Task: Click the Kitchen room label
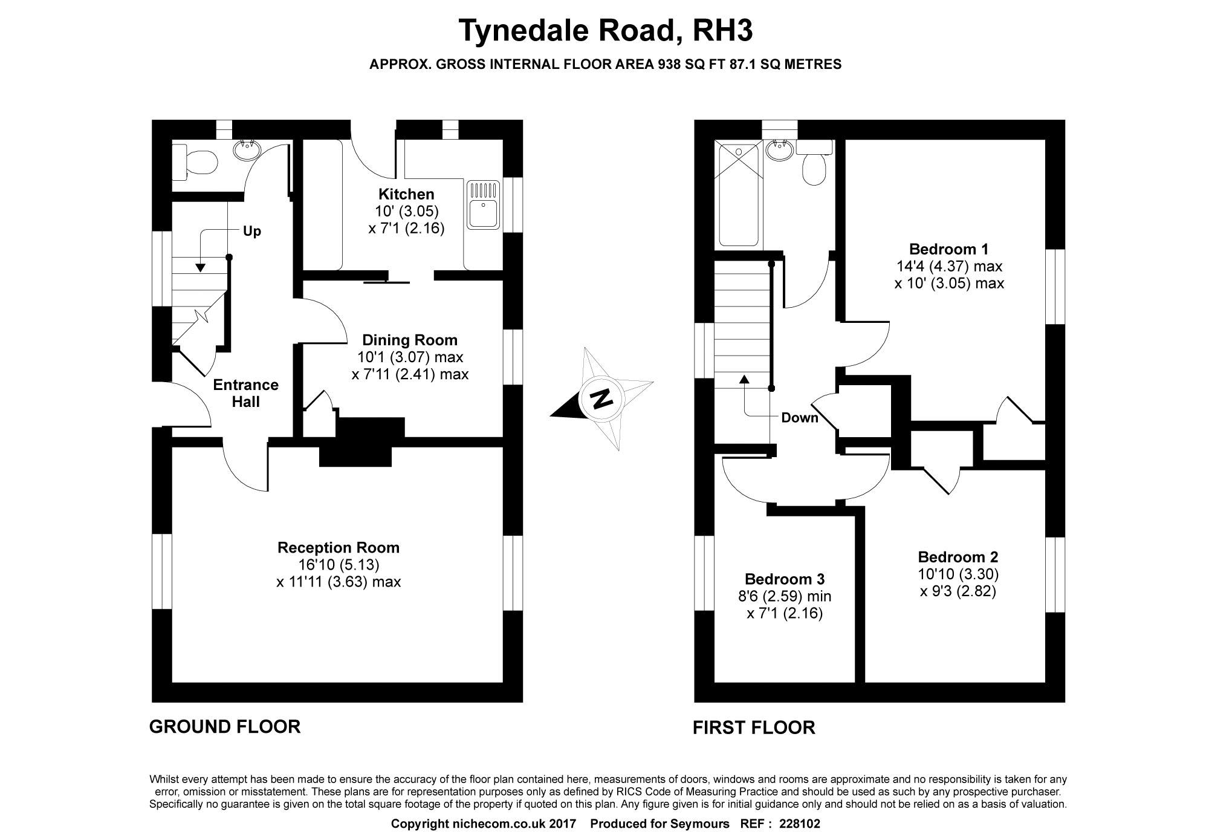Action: [x=406, y=194]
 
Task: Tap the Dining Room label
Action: [x=409, y=340]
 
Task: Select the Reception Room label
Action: [x=339, y=548]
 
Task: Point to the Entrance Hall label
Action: [x=246, y=393]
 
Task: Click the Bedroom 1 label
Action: [x=948, y=249]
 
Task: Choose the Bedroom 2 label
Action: [x=958, y=557]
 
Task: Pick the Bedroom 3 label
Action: [x=785, y=579]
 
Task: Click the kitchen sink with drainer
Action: [x=483, y=205]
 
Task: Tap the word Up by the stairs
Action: [x=251, y=232]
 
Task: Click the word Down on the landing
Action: [x=799, y=417]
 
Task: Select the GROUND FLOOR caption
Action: [x=224, y=726]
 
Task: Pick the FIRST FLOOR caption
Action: [x=753, y=727]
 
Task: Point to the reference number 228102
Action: [x=800, y=824]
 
